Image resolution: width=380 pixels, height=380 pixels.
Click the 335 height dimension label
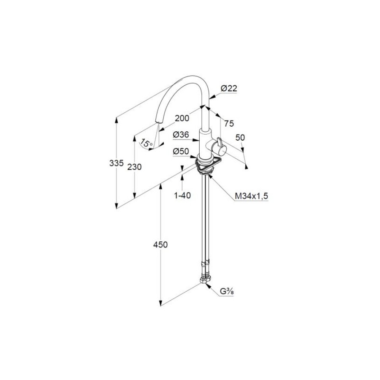coord(116,163)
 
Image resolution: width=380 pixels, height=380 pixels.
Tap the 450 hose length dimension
coord(161,244)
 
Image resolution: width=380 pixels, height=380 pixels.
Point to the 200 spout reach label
coord(182,119)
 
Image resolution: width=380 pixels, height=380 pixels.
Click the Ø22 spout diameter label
coord(229,88)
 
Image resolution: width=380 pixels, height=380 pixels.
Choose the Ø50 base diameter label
coord(181,151)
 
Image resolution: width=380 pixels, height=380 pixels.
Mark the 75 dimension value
coord(229,123)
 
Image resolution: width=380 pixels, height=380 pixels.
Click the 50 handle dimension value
coord(240,137)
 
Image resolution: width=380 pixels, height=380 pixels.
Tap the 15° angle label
coord(147,144)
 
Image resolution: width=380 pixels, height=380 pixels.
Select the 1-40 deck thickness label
coord(182,195)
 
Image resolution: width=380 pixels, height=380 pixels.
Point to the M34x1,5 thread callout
coord(252,196)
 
